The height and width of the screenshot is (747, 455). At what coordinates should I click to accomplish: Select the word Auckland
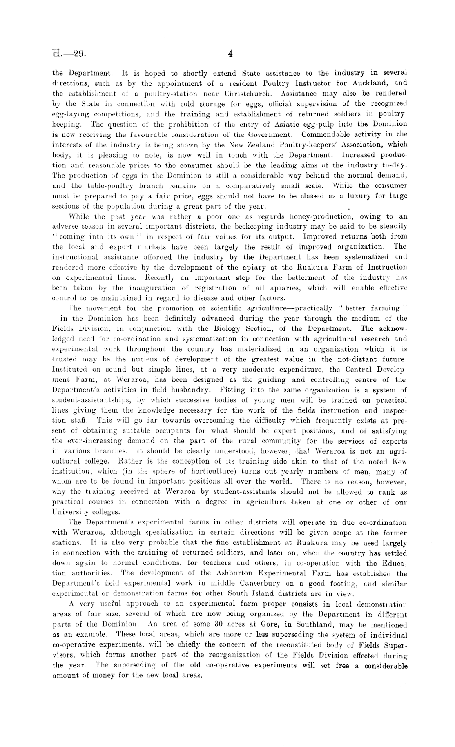369,84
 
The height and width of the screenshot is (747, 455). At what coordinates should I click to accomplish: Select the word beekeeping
241,227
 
